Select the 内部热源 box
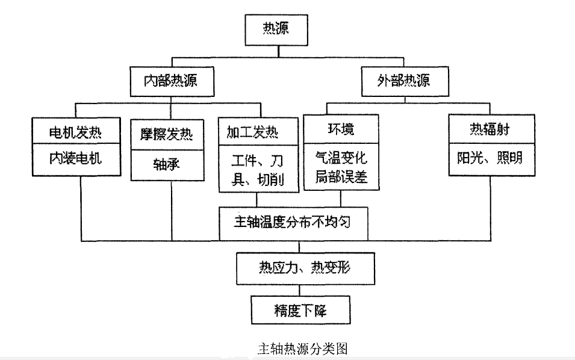172,80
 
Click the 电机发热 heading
75,131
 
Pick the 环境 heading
341,130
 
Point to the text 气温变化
341,158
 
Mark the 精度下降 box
300,311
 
